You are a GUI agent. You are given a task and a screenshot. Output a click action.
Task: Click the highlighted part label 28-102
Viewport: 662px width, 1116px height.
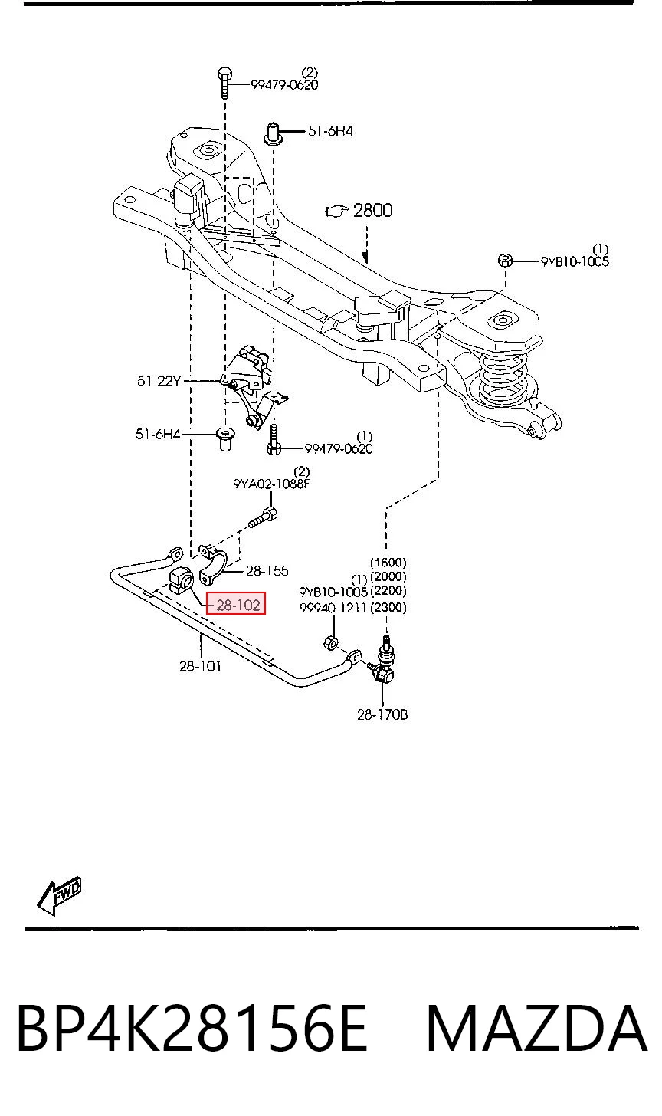238,605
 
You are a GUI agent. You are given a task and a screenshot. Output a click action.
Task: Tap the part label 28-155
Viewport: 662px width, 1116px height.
267,571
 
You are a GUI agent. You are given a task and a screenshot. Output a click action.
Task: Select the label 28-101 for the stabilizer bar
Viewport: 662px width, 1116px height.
200,665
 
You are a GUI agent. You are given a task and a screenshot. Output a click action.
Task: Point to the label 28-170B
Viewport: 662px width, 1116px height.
382,714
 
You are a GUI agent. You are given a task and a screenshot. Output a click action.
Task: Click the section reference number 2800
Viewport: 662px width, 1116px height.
372,210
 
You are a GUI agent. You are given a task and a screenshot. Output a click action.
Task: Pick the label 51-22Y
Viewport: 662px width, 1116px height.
159,381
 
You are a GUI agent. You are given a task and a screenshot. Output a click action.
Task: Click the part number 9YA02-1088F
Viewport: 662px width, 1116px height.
271,484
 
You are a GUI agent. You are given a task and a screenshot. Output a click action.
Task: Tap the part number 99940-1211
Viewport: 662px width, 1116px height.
333,607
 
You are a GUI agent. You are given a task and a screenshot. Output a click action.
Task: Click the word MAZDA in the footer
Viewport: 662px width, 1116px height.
537,1029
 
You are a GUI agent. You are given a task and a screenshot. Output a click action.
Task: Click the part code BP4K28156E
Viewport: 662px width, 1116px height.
192,1029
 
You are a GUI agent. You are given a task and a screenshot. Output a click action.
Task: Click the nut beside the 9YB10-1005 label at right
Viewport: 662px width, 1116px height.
504,260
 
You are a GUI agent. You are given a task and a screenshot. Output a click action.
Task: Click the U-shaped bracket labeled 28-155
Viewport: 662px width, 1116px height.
213,564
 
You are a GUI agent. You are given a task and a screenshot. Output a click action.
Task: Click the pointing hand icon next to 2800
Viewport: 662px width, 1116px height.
336,212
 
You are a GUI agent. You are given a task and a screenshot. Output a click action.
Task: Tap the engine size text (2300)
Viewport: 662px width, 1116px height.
388,607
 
